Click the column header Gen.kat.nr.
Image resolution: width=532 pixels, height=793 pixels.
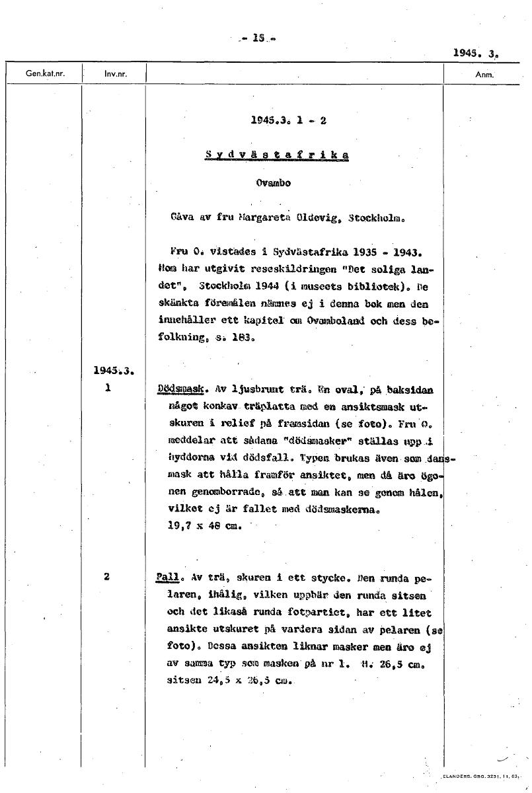tap(45, 74)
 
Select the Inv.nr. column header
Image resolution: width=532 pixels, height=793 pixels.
tap(115, 74)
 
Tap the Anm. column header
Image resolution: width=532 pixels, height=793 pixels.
tap(485, 74)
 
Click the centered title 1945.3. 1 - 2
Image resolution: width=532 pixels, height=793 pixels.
tap(289, 121)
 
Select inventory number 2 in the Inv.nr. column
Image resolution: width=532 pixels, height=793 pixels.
tap(107, 576)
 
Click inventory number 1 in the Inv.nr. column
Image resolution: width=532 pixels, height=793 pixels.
tap(107, 390)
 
